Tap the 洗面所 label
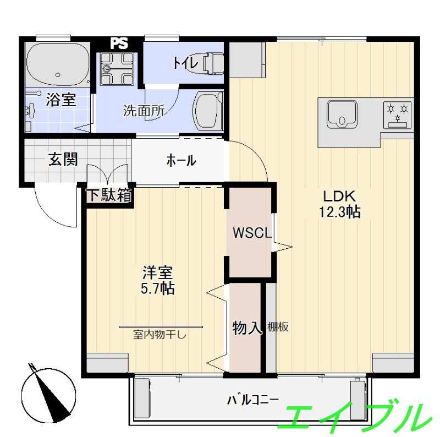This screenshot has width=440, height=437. (x=144, y=110)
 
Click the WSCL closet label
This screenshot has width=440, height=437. (x=252, y=233)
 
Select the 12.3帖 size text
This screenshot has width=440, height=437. (x=342, y=212)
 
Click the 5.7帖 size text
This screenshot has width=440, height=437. (x=158, y=288)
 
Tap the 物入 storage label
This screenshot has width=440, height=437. (x=246, y=328)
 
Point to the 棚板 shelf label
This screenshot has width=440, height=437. (x=278, y=327)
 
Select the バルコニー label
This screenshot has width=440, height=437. (x=253, y=400)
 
